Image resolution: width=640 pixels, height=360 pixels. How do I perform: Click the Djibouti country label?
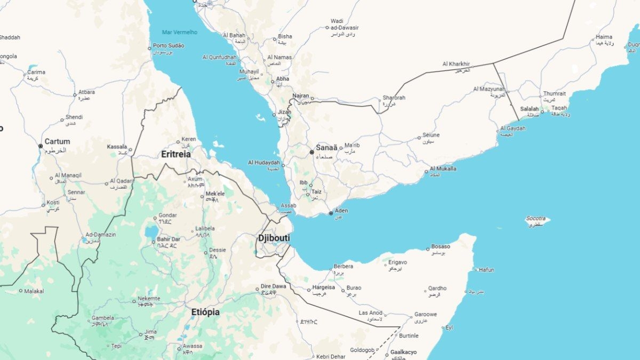click(274, 238)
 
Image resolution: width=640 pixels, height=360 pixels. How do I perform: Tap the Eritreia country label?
click(176, 154)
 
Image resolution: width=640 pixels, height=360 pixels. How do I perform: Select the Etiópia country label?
click(205, 312)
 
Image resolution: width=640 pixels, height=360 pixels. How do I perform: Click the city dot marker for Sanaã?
click(312, 152)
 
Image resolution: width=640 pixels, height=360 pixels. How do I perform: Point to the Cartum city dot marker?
click(41, 146)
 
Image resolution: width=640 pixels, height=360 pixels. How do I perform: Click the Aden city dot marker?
click(331, 213)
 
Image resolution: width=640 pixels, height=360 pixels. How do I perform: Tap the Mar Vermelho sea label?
click(180, 32)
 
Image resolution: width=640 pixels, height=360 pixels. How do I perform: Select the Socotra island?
click(536, 219)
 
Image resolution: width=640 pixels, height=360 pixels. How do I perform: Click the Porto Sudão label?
click(169, 46)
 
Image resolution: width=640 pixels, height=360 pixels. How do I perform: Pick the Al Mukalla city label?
click(443, 169)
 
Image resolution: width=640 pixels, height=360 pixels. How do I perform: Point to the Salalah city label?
click(530, 109)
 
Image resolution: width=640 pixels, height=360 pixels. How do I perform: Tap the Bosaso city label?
click(441, 246)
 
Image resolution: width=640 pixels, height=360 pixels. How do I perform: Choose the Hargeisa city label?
click(324, 287)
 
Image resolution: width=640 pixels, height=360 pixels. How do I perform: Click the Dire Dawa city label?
click(273, 286)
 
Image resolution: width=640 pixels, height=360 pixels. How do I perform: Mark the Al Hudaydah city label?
click(263, 162)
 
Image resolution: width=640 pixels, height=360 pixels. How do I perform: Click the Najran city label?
click(300, 95)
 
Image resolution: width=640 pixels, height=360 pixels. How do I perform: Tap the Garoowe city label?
click(426, 315)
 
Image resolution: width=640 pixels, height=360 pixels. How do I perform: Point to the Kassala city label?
click(116, 146)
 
